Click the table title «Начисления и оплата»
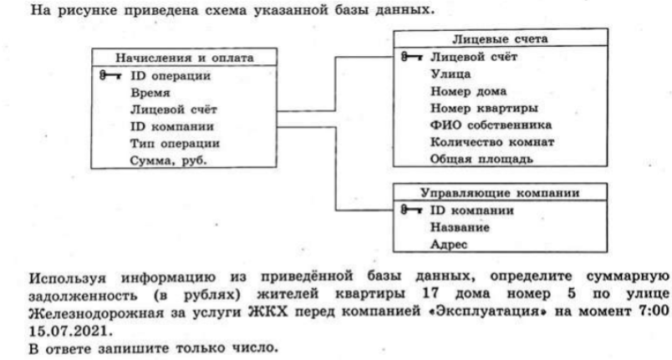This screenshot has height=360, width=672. coord(184,58)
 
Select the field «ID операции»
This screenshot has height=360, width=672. coord(171,76)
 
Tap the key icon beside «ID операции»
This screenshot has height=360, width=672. coord(110,76)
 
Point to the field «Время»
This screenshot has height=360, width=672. coord(150,93)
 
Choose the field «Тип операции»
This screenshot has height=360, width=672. coord(175,144)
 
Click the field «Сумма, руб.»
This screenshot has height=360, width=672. coord(169,160)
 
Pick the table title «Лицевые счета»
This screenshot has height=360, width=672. coord(500,39)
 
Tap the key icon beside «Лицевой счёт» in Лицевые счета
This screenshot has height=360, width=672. coord(412,57)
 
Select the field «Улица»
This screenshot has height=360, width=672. coord(451,74)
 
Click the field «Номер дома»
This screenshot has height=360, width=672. coord(468,91)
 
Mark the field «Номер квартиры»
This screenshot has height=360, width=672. coord(484,109)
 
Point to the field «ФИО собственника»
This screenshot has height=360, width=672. coord(491,125)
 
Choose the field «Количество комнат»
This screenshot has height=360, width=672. coord(492,142)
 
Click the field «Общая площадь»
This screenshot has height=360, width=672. coord(481,159)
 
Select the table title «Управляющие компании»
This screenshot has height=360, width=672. coord(500,193)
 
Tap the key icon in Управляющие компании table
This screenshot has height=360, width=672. coord(411,210)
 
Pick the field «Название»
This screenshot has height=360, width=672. coord(460,227)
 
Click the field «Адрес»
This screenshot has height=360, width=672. coord(449,245)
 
